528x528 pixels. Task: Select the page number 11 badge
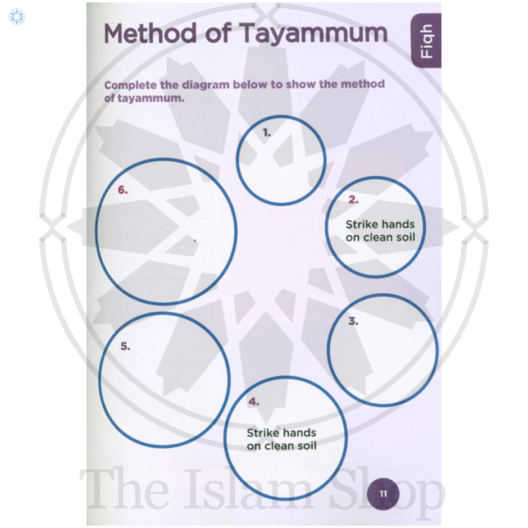pyautogui.click(x=383, y=494)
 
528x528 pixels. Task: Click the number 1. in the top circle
pyautogui.click(x=267, y=133)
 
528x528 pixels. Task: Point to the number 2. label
pyautogui.click(x=353, y=199)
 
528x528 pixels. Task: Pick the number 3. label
pyautogui.click(x=353, y=322)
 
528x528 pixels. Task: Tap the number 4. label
pyautogui.click(x=253, y=402)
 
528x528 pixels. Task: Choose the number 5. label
pyautogui.click(x=125, y=347)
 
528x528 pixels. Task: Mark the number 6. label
pyautogui.click(x=123, y=190)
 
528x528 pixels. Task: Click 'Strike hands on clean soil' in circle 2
pyautogui.click(x=380, y=231)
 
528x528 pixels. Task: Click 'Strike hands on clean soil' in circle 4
pyautogui.click(x=281, y=439)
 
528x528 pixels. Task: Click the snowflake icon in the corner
pyautogui.click(x=17, y=17)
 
